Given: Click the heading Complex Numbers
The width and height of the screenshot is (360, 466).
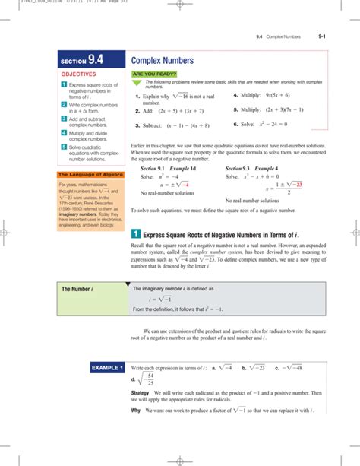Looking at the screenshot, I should [x=162, y=59].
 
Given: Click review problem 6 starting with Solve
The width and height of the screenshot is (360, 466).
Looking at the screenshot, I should [x=267, y=125].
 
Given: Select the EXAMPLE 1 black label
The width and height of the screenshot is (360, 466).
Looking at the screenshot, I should [x=106, y=368].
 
